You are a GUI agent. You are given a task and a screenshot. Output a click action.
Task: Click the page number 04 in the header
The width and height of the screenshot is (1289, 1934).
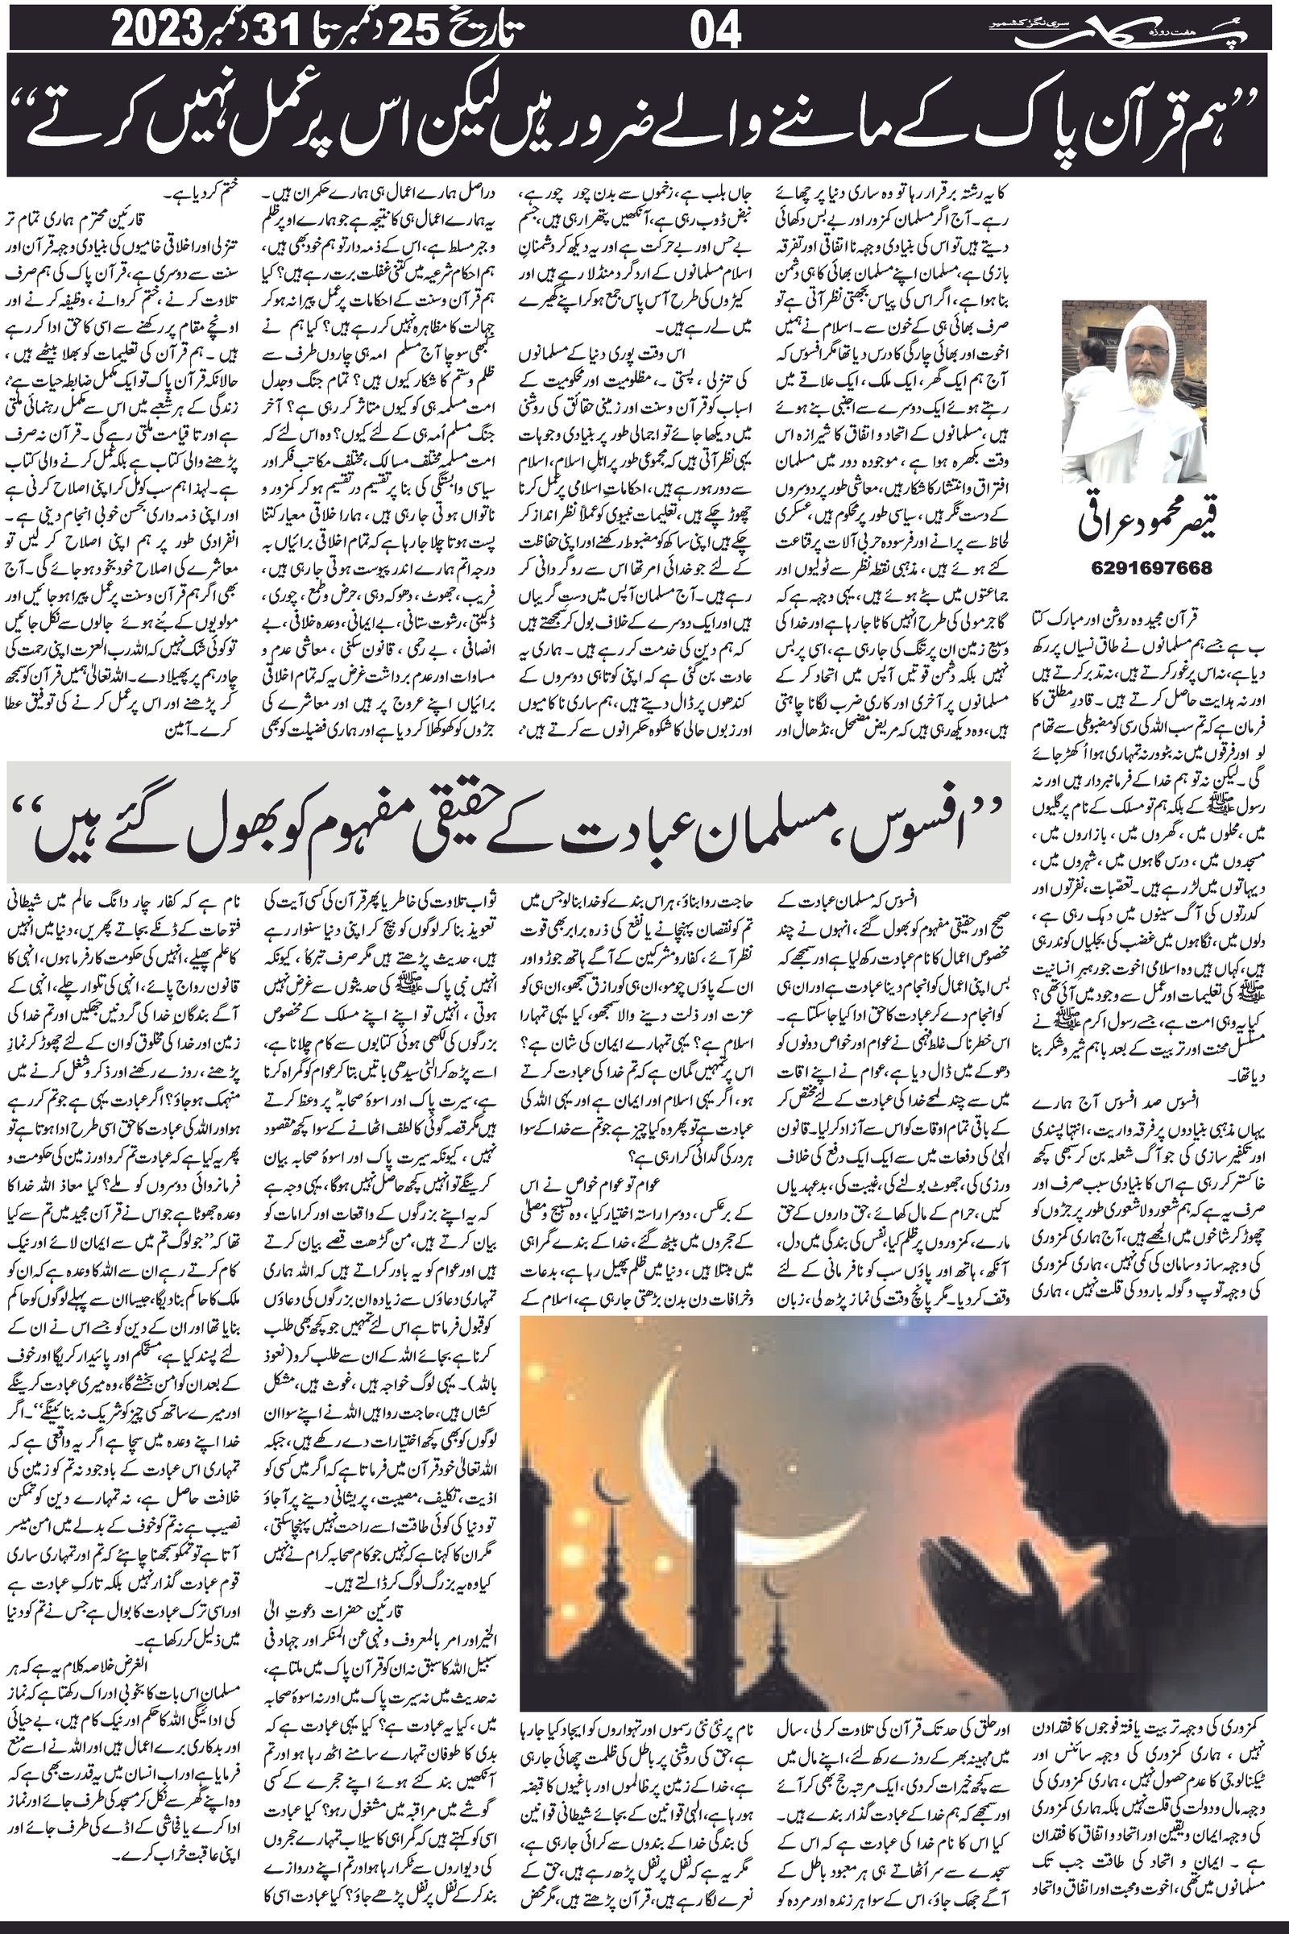[x=715, y=33]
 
